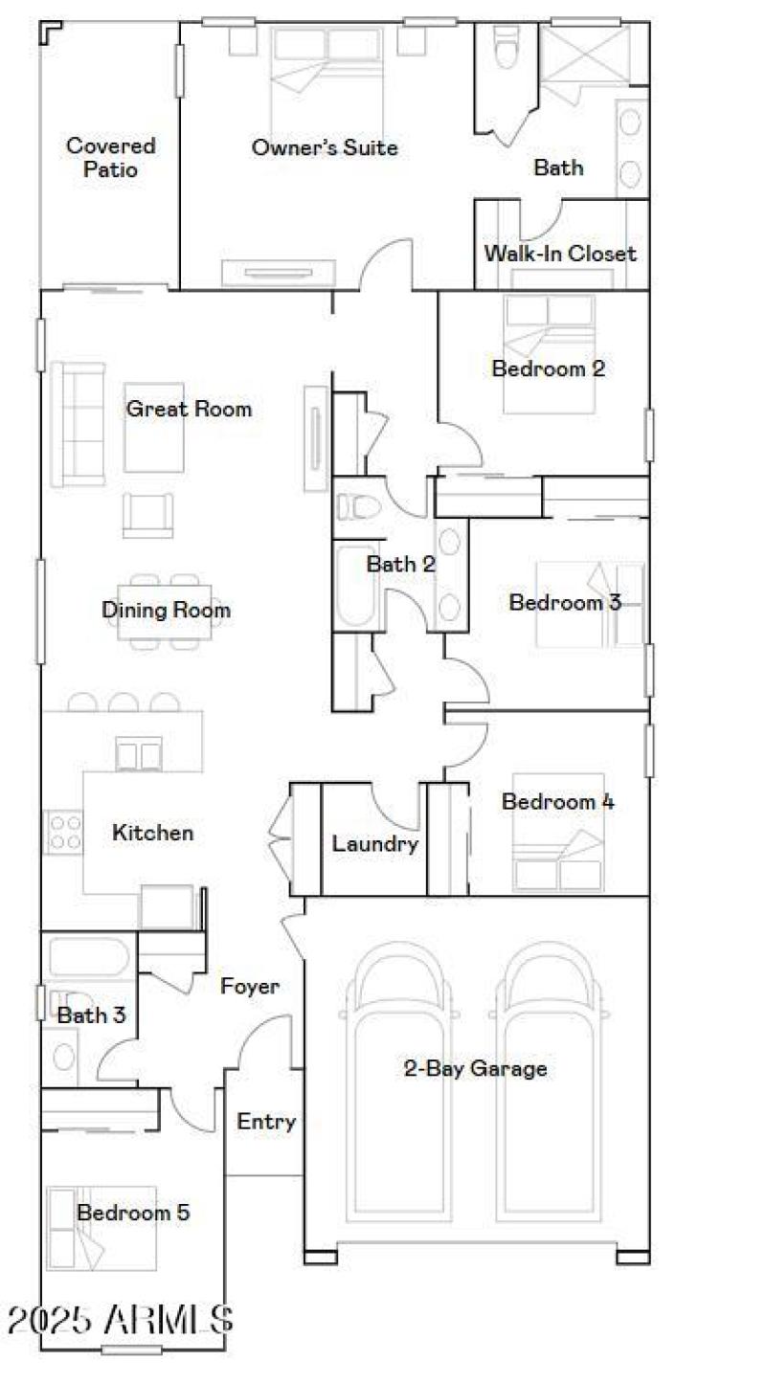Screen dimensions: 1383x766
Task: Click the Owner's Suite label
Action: (325, 147)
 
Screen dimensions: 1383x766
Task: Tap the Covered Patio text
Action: (110, 158)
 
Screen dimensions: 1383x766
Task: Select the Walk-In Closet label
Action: (560, 254)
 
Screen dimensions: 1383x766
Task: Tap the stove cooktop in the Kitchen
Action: (64, 832)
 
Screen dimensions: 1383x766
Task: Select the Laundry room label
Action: (374, 844)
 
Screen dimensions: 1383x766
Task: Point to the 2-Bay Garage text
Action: (475, 1068)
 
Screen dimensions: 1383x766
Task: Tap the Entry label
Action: (266, 1122)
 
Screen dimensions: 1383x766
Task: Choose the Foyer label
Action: (250, 986)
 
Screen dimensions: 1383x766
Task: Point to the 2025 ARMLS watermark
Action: (120, 1320)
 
